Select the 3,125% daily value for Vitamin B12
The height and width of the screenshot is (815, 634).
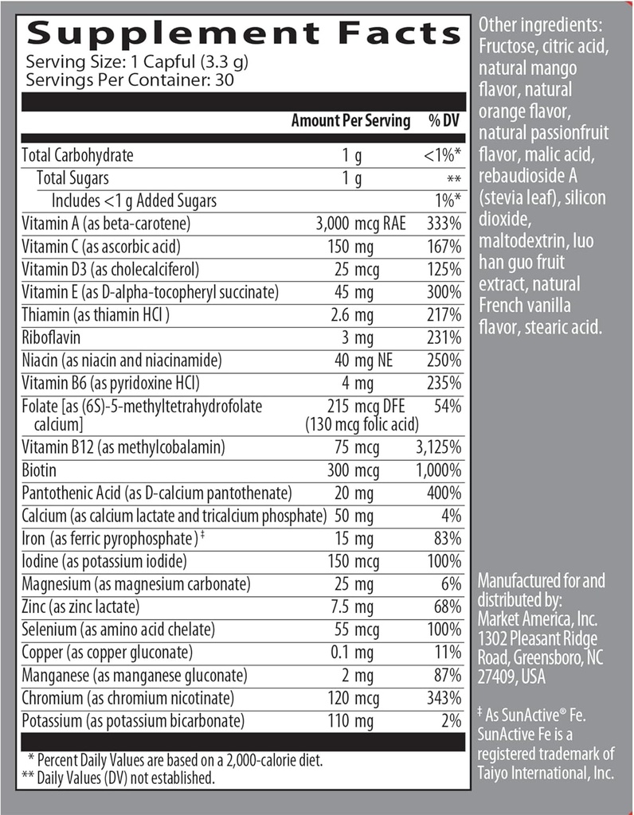[x=439, y=447]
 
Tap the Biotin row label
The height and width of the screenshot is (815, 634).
[x=41, y=470]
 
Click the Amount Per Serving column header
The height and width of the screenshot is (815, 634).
[x=350, y=121]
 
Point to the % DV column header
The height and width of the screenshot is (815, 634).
[x=445, y=121]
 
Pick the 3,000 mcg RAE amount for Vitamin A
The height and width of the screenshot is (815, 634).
[x=361, y=224]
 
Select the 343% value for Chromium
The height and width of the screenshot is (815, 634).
[x=444, y=698]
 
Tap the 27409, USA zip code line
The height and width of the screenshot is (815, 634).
[x=522, y=678]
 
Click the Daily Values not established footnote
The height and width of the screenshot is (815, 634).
[x=120, y=777]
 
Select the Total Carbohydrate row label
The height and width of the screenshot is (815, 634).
[x=78, y=155]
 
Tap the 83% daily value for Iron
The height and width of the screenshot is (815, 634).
[x=448, y=538]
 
